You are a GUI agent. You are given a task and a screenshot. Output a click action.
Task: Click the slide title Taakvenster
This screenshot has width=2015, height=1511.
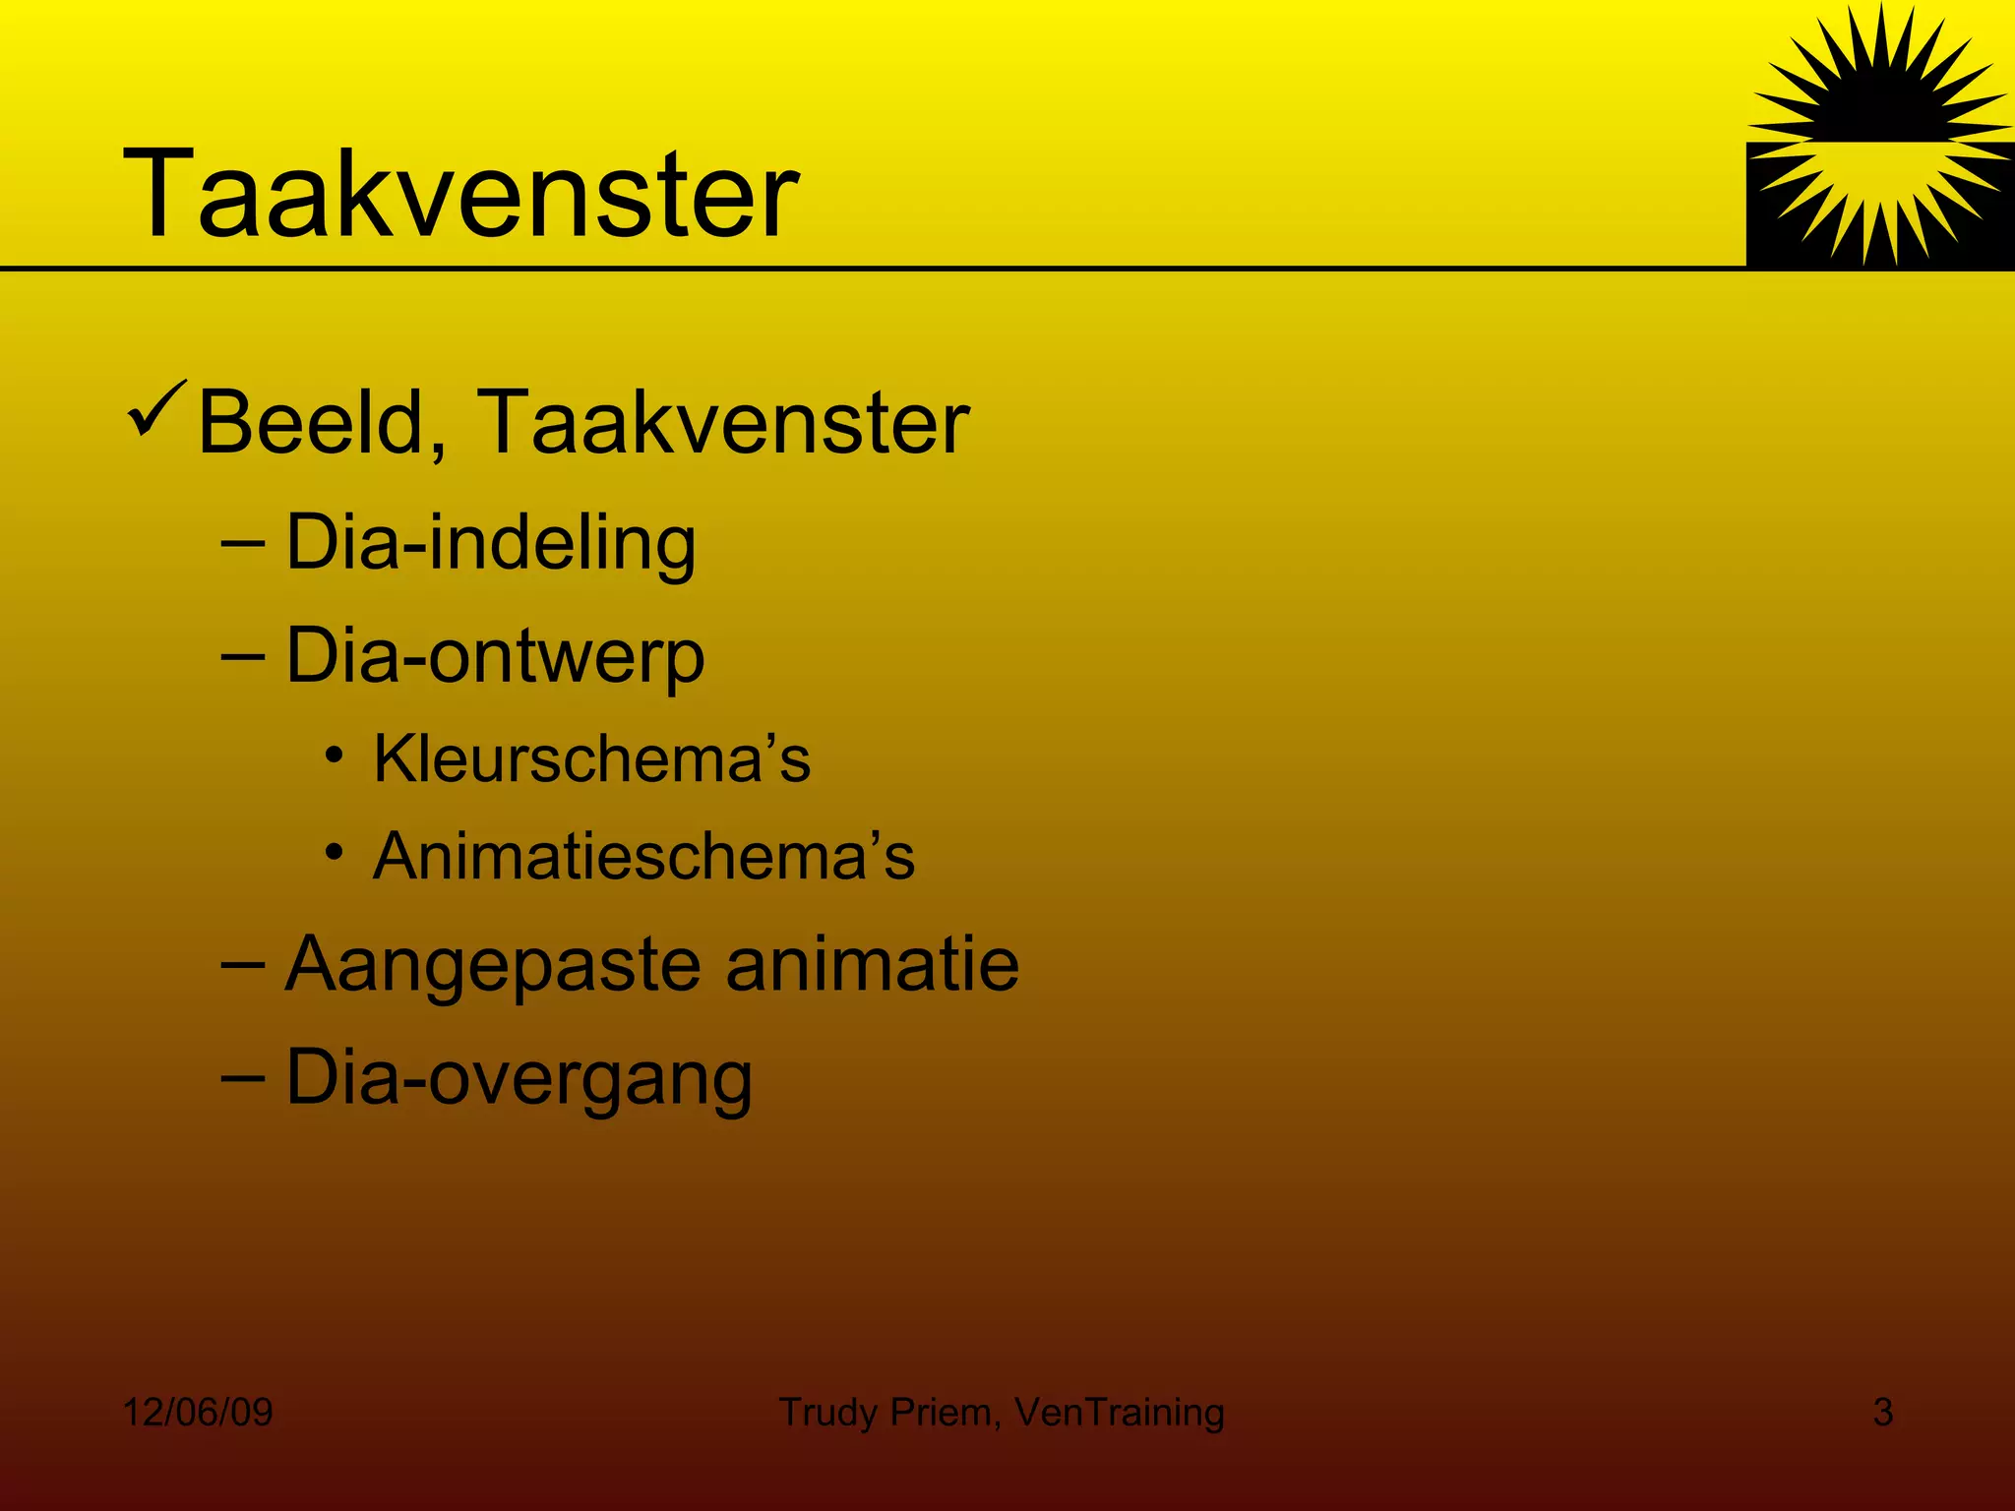(460, 193)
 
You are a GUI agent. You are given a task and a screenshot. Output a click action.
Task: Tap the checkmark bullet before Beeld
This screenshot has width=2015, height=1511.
(156, 411)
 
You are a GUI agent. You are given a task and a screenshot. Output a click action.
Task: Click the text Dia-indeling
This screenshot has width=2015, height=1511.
(490, 543)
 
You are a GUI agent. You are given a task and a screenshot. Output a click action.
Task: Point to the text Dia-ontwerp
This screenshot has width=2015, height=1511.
(495, 657)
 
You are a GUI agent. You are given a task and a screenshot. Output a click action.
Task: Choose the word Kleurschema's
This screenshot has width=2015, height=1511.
(591, 759)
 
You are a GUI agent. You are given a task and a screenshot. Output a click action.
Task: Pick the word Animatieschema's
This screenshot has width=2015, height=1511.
(643, 856)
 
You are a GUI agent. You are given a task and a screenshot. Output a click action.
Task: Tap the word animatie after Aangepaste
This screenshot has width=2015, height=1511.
(872, 964)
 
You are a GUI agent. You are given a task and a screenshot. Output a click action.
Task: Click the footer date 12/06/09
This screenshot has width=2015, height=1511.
(198, 1413)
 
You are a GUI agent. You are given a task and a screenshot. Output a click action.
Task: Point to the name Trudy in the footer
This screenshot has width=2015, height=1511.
(827, 1413)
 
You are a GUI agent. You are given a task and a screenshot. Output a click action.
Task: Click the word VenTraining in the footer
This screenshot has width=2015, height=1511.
(1119, 1413)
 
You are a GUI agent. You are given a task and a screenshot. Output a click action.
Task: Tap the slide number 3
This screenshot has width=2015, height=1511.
(1882, 1413)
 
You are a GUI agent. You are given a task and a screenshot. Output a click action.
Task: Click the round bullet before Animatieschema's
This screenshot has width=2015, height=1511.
(336, 852)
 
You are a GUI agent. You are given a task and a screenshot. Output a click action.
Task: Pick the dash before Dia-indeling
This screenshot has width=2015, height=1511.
(243, 542)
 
